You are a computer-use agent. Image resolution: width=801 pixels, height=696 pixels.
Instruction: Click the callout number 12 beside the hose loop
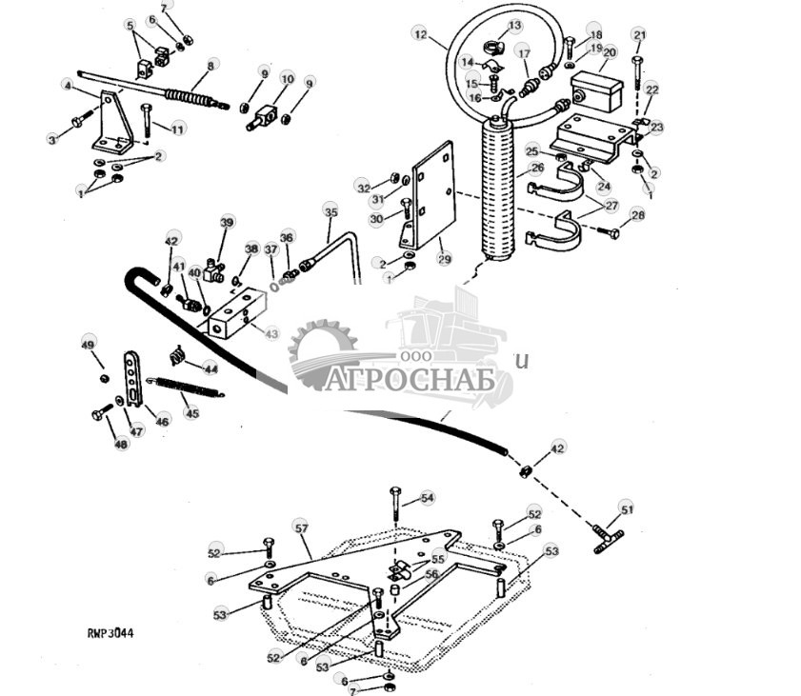click(x=420, y=33)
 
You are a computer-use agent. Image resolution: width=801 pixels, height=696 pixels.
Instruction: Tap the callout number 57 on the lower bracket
click(x=302, y=527)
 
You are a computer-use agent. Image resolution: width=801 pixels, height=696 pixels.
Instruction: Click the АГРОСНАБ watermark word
click(x=412, y=379)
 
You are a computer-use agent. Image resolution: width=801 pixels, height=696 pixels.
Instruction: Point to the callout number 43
click(x=271, y=334)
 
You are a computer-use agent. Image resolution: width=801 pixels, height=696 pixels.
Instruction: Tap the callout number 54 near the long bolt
click(x=427, y=498)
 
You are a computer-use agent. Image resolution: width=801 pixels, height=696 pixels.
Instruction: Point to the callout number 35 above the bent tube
click(x=330, y=210)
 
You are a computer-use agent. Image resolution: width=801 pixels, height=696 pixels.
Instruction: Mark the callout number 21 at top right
click(x=639, y=35)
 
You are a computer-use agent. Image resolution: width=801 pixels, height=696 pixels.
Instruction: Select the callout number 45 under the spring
click(x=191, y=413)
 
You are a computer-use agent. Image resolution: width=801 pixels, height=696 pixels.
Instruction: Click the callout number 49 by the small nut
click(x=89, y=344)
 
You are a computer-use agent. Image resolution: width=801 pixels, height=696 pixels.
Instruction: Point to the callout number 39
click(x=227, y=222)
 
